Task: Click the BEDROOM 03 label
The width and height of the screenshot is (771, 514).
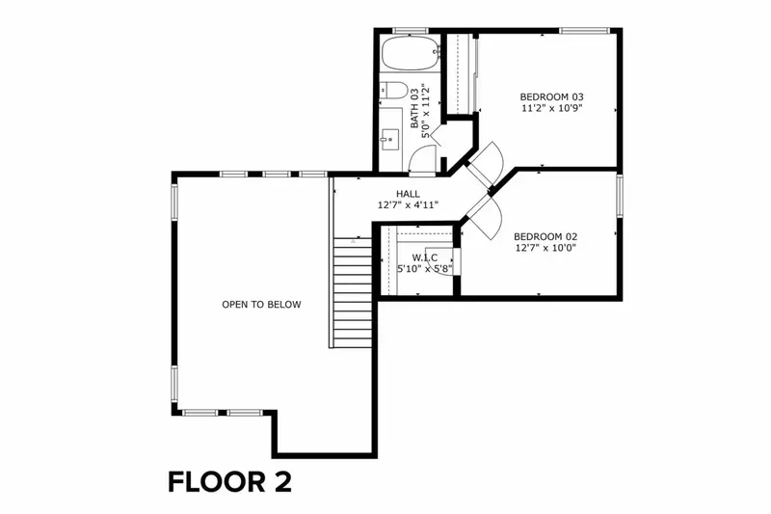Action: [x=552, y=96]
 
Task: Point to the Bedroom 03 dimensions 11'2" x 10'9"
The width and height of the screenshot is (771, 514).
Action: [x=552, y=110]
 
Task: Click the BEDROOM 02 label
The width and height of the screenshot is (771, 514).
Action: [x=545, y=236]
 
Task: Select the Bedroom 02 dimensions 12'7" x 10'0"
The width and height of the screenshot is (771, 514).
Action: [x=545, y=249]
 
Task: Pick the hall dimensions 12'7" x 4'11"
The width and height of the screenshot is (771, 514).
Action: [x=408, y=205]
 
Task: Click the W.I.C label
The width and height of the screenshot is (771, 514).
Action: [x=425, y=257]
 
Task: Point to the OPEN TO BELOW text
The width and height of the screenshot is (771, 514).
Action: [x=261, y=305]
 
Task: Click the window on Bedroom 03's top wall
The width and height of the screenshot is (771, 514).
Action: [x=584, y=31]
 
